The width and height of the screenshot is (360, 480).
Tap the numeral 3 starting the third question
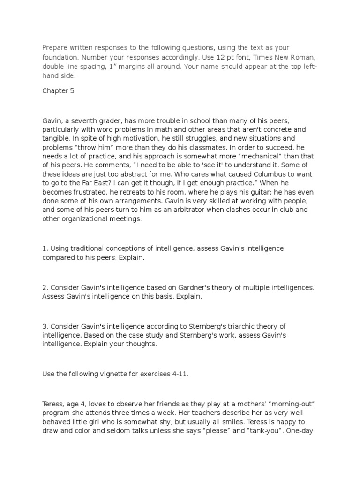coord(44,326)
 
